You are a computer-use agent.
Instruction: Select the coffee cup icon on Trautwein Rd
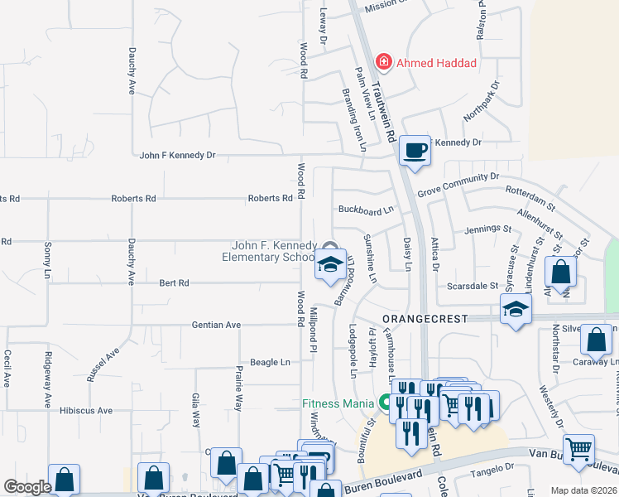click(415, 151)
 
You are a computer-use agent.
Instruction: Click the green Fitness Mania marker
click(385, 403)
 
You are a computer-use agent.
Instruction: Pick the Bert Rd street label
click(174, 282)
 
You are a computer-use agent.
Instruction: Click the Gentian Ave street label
click(216, 325)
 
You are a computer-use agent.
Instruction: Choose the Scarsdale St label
click(473, 285)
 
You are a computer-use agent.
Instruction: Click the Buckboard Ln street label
click(365, 210)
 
